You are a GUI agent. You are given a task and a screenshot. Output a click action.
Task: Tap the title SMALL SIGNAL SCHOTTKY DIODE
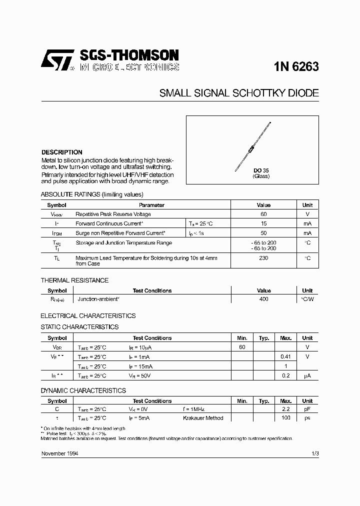[x=239, y=93]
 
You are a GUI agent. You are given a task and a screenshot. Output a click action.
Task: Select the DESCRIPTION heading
[x=61, y=152]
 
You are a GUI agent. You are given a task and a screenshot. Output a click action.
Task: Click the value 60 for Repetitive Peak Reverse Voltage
[x=263, y=214]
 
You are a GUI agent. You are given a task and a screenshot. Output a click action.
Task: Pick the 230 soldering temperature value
[x=263, y=258]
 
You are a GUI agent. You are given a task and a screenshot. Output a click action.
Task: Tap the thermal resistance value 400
[x=263, y=299]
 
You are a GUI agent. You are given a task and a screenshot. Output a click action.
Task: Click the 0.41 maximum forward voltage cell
[x=285, y=356]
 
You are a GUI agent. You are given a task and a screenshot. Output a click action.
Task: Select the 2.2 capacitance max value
[x=285, y=408]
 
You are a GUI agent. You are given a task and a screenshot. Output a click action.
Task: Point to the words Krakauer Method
[x=203, y=418]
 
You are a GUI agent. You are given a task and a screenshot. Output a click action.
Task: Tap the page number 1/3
[x=314, y=453]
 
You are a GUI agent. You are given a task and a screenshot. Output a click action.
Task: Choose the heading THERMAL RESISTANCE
[x=74, y=280]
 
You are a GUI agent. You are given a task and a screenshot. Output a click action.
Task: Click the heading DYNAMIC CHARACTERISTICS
[x=83, y=390]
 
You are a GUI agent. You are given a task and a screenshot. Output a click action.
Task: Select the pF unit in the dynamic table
[x=307, y=408]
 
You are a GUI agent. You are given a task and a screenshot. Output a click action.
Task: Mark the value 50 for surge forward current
[x=263, y=233]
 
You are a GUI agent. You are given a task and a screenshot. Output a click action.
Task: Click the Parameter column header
[x=151, y=205]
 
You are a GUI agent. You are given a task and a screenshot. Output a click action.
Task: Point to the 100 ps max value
[x=285, y=418]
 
